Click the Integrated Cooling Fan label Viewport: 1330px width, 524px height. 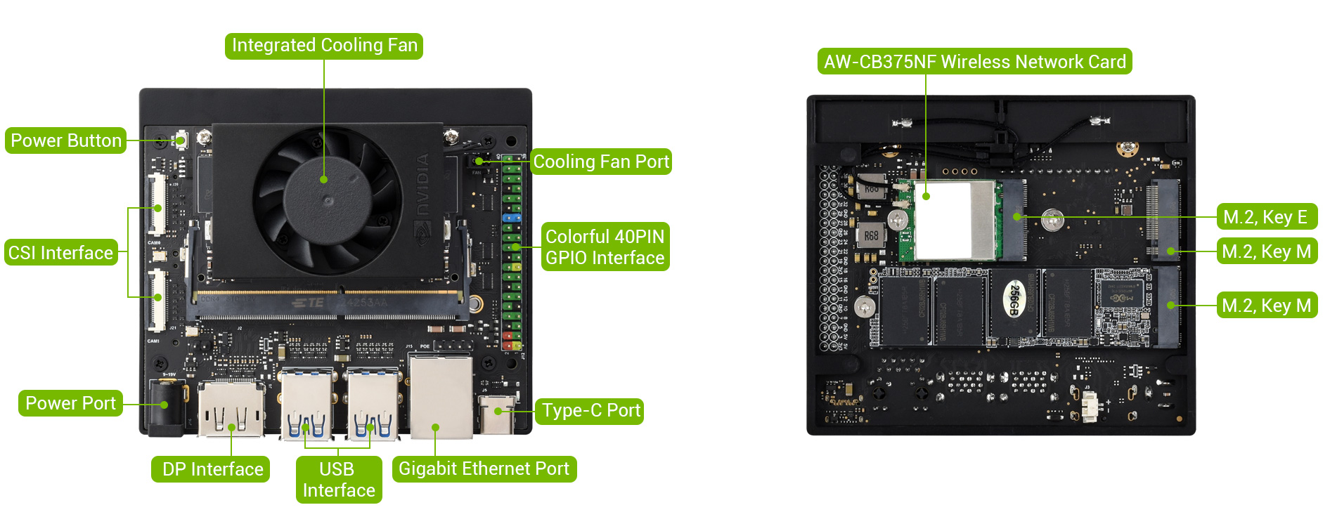click(324, 46)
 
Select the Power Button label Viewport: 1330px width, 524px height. click(66, 140)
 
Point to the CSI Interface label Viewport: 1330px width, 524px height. click(61, 253)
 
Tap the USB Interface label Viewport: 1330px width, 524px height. click(338, 480)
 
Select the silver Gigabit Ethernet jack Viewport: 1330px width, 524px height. click(440, 397)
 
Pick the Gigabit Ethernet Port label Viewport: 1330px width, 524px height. click(484, 469)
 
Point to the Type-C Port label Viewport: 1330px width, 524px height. click(591, 411)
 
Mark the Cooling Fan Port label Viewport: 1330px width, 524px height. click(601, 162)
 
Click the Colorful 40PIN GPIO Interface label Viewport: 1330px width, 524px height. click(605, 247)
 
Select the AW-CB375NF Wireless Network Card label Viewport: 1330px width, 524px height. click(974, 62)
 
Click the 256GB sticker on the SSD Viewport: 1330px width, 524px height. click(1014, 300)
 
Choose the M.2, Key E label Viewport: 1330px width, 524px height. click(1265, 217)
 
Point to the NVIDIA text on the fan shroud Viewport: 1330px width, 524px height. click(422, 184)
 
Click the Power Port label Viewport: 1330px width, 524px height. click(70, 403)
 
